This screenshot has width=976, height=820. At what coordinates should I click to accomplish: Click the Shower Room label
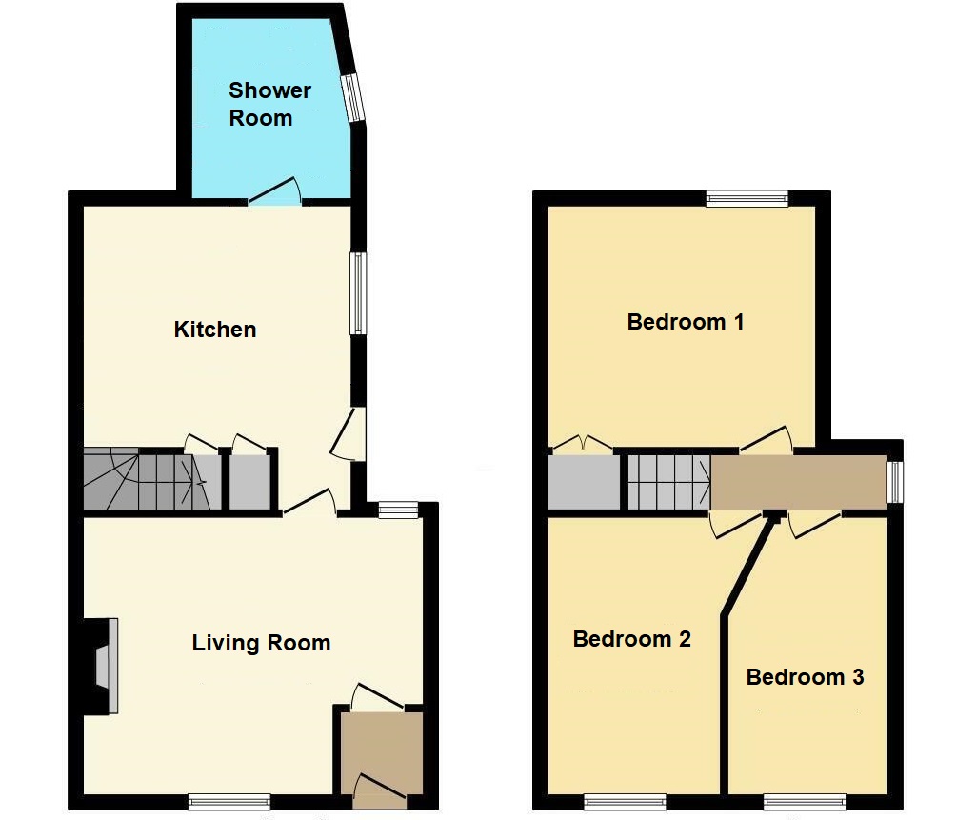pos(269,104)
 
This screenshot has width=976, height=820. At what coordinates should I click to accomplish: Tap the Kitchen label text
pos(215,330)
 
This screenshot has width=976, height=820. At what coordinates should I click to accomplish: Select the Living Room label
pos(261,643)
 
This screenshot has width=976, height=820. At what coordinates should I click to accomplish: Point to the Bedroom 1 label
pos(686,322)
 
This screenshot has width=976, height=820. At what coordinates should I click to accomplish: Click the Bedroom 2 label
pos(632,639)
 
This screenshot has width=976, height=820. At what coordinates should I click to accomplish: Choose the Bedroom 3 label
pos(805,677)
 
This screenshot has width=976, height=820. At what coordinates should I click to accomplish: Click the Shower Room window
pos(353,98)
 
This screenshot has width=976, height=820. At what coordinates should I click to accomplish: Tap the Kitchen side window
pos(358,293)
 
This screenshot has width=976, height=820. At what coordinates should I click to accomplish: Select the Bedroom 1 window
pos(747,199)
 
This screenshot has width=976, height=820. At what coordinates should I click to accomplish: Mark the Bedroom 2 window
pos(625,802)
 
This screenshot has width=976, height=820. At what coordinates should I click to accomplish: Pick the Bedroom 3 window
pos(805,802)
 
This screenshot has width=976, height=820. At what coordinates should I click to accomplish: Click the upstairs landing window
pos(895,482)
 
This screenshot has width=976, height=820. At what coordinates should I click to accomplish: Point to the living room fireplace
pos(102,666)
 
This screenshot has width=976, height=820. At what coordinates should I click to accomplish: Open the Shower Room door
pos(275,192)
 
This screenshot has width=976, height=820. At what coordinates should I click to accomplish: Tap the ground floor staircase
pos(152,479)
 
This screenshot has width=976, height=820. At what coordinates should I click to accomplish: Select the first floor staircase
pos(669,482)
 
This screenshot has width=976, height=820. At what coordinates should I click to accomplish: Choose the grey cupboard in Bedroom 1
pos(584,482)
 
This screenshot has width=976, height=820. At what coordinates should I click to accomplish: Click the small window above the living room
pos(398,510)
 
